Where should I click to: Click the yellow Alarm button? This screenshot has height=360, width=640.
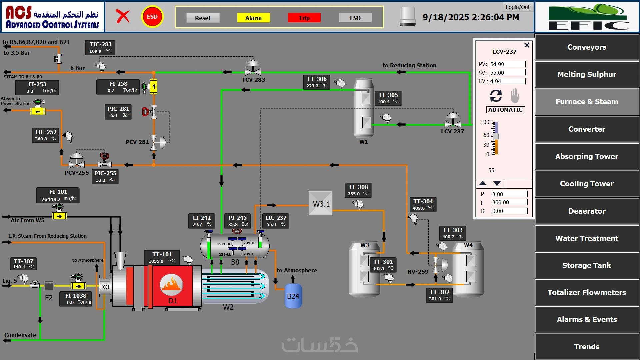click(253, 18)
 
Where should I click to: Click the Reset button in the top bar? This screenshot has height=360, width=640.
click(203, 18)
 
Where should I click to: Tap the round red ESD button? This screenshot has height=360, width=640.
click(152, 17)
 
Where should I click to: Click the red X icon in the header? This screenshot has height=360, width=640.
click(123, 16)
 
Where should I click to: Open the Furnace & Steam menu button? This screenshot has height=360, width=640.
click(587, 102)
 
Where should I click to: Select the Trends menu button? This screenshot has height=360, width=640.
click(587, 347)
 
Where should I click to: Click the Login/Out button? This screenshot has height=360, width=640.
click(517, 7)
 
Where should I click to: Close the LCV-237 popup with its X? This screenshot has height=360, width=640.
click(527, 45)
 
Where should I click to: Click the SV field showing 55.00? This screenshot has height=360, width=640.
click(507, 73)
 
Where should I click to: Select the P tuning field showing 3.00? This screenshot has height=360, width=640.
click(509, 194)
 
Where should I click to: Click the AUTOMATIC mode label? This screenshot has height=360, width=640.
click(505, 110)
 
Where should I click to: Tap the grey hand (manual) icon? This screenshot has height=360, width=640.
click(515, 96)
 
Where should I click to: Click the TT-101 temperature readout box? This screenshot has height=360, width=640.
click(162, 257)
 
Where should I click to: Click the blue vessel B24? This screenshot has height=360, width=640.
click(293, 296)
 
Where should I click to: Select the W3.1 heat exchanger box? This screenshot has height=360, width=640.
click(320, 203)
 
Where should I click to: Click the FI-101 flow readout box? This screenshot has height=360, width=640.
click(58, 195)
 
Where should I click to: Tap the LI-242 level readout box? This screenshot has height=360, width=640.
click(202, 221)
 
